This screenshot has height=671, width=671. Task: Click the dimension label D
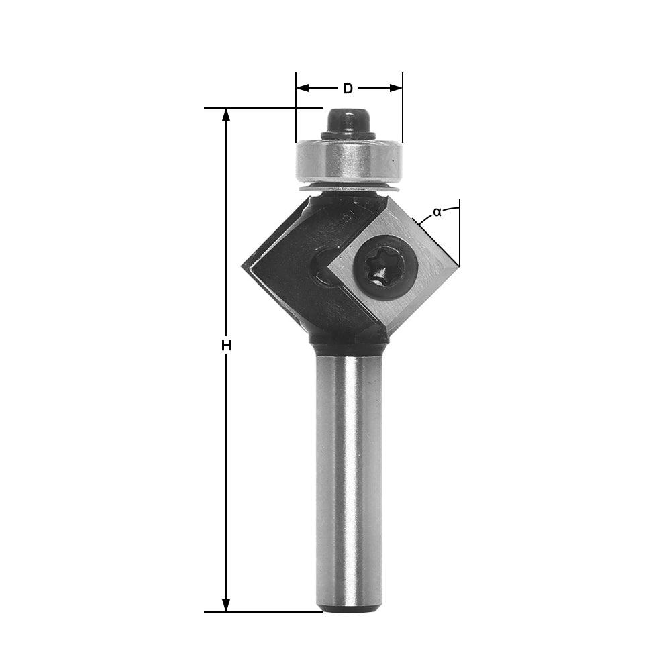(348, 88)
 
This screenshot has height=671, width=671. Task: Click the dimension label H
(226, 346)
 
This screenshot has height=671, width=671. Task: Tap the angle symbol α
(437, 212)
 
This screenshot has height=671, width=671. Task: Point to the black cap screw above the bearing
(348, 123)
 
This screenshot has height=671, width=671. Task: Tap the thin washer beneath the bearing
(348, 188)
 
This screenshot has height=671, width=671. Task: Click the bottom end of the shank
(349, 607)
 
